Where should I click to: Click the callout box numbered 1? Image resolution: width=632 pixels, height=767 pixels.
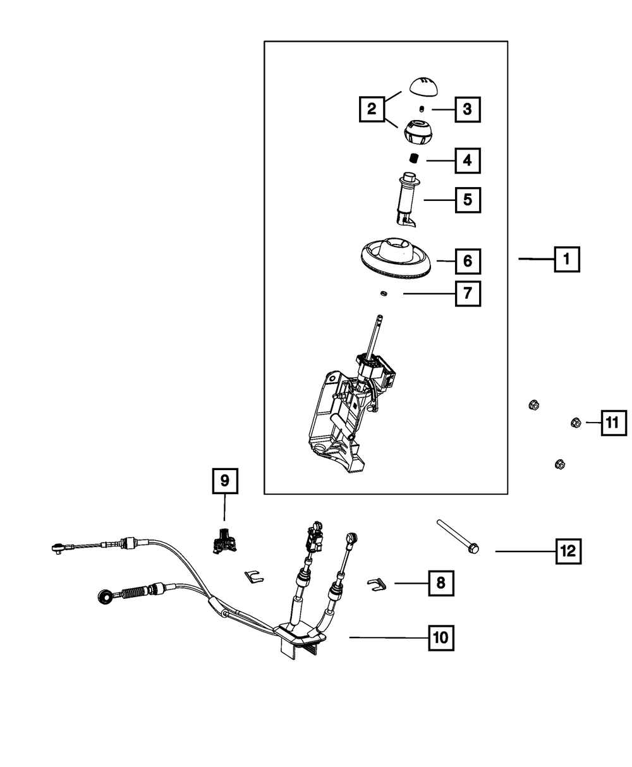pos(567,259)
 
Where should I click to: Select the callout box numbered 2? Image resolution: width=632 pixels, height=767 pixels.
pos(372,109)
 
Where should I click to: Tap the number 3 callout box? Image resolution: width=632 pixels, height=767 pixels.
pos(468,109)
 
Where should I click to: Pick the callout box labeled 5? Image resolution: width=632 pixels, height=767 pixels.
pos(468,200)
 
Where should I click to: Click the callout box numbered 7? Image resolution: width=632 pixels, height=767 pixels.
pos(468,294)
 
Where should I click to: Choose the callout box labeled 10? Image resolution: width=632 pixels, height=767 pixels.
pos(441,638)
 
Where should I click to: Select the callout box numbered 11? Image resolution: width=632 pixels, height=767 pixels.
pos(614,423)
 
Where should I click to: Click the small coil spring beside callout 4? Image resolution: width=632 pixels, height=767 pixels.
pos(415,159)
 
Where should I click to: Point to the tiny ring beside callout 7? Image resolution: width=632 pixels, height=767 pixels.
pos(384,293)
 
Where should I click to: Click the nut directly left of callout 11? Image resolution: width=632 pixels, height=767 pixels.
pos(576,423)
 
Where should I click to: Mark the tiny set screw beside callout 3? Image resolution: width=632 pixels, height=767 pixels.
pos(422,109)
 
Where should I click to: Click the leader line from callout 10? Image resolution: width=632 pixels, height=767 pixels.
pos(389,637)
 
